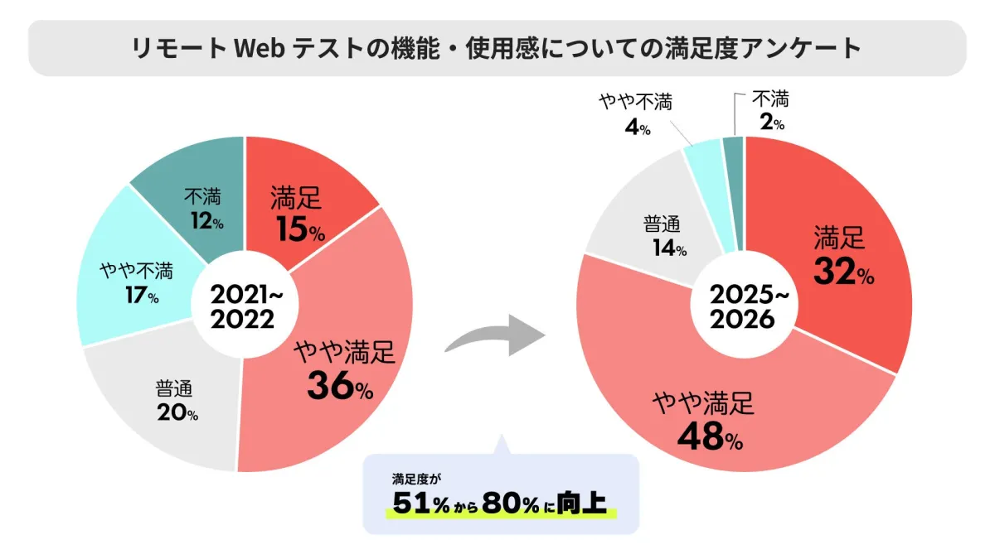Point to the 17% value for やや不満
click(x=141, y=296)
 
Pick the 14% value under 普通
click(x=668, y=247)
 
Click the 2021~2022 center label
click(x=242, y=306)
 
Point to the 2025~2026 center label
click(x=743, y=306)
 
